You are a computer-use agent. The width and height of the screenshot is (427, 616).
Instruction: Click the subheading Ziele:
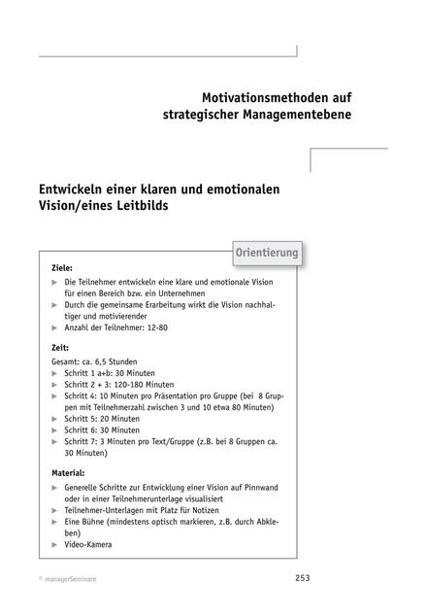tap(61, 266)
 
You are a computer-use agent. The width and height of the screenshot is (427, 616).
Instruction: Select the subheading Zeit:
tap(60, 346)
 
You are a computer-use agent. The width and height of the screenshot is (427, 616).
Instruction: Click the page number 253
tap(303, 578)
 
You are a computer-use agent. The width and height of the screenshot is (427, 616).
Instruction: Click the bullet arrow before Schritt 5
tap(55, 417)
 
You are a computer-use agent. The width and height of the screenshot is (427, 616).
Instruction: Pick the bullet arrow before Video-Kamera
tap(55, 544)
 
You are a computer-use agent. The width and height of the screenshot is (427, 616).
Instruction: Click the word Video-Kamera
tap(87, 544)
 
